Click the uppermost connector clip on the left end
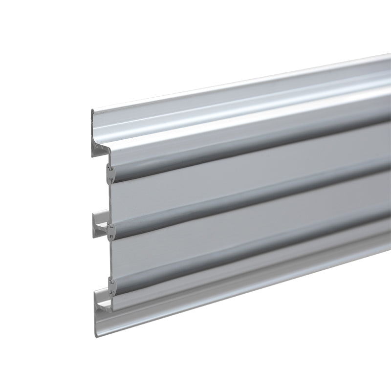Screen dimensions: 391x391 pos(110,172)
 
